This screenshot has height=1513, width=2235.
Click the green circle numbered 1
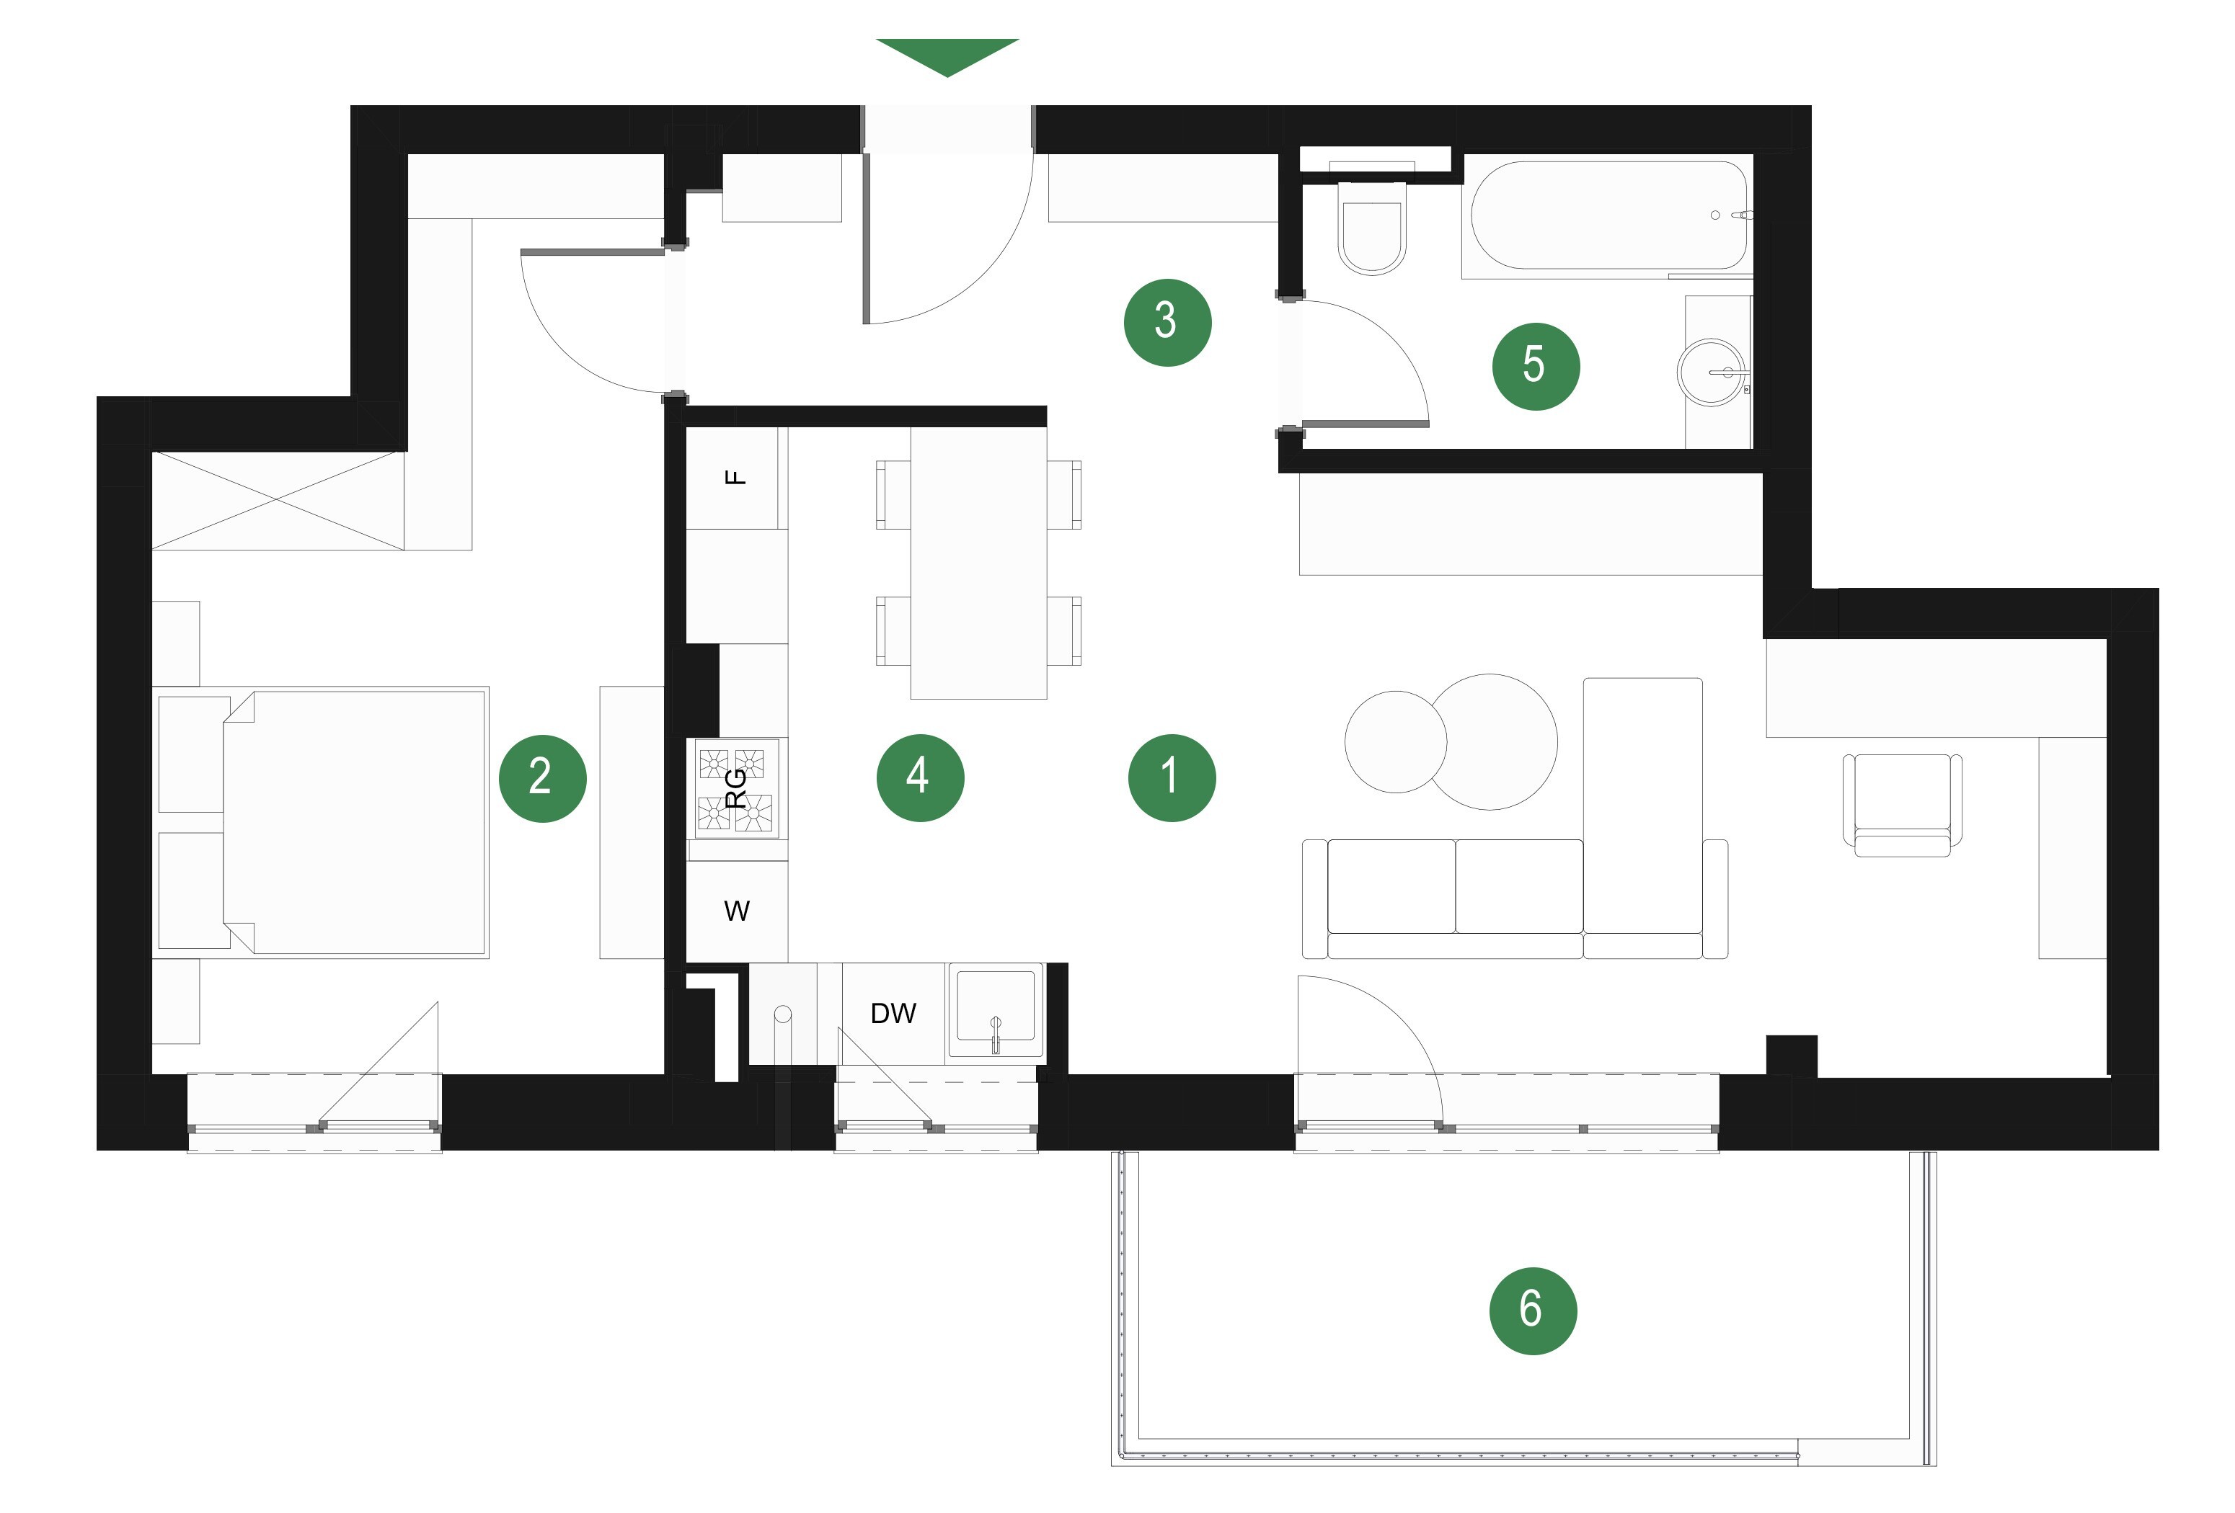[1172, 777]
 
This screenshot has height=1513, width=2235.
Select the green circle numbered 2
[542, 777]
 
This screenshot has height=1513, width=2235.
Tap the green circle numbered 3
[1167, 322]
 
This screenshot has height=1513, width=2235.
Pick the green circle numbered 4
[921, 777]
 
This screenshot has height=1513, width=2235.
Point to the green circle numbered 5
[1536, 366]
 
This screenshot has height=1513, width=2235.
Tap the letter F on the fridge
[735, 477]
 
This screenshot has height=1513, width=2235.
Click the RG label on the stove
[735, 788]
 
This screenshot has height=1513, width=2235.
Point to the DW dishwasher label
[893, 1012]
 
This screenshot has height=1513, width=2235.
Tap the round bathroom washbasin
[1711, 372]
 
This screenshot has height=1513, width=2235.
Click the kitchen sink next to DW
[996, 1012]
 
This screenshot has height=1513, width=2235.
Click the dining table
[979, 562]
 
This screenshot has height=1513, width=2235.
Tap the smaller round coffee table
[1395, 742]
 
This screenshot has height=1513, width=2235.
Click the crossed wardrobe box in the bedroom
[278, 500]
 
